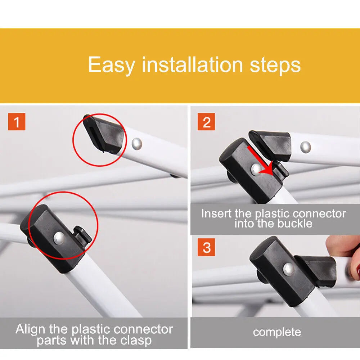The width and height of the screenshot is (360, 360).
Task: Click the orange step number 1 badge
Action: click(x=17, y=122)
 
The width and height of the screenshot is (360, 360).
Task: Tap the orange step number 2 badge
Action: click(x=206, y=122)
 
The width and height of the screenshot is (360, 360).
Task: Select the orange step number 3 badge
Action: click(x=206, y=247)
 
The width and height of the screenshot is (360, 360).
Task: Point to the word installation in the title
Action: click(x=192, y=64)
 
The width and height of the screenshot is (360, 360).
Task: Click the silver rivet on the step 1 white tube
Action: click(x=137, y=144)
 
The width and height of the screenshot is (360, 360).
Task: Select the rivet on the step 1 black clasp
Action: click(x=59, y=238)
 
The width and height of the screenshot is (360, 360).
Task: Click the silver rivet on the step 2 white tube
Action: click(x=306, y=147)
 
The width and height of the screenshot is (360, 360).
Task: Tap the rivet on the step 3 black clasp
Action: click(x=288, y=269)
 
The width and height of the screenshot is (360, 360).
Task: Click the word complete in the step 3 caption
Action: click(x=277, y=332)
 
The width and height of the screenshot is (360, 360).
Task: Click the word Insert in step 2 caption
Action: click(x=216, y=213)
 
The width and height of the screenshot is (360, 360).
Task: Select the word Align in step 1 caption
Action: click(x=30, y=330)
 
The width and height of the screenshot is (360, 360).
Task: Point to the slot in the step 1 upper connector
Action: click(x=92, y=134)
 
